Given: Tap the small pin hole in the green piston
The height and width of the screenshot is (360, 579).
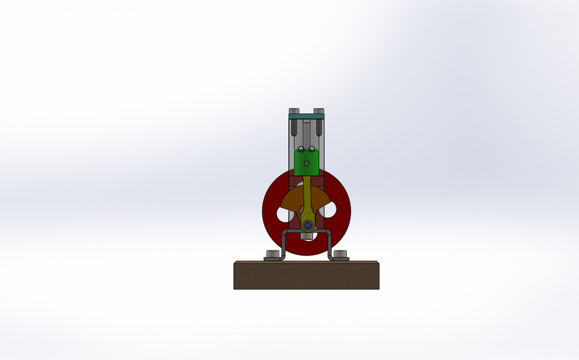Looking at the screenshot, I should (306, 163).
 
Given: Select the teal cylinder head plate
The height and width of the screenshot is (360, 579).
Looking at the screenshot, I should (306, 114).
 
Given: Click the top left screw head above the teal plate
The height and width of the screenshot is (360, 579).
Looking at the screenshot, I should (294, 110).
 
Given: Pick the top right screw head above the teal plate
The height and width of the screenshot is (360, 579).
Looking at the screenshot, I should (319, 110).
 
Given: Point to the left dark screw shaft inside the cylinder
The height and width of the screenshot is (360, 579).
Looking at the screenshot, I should (294, 126).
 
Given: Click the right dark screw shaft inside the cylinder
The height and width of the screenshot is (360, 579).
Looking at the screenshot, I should (318, 126).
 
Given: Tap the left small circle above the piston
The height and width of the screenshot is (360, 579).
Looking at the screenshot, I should (301, 149).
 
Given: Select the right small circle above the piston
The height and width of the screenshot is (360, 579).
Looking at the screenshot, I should (312, 149).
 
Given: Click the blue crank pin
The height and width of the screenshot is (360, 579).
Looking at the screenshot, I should (308, 225).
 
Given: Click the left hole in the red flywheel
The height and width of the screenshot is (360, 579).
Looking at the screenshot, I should (282, 213).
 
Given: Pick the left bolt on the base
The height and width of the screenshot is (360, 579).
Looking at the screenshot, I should (273, 255).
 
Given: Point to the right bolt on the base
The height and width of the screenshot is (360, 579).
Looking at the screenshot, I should (341, 255).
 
